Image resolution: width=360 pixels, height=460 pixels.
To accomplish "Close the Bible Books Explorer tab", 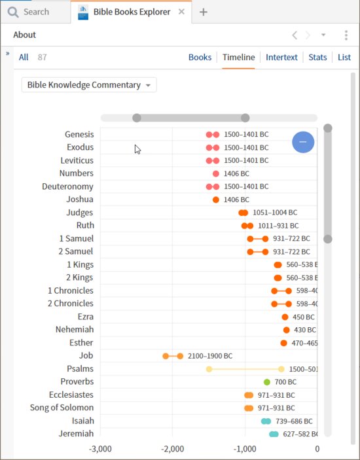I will (x=181, y=12).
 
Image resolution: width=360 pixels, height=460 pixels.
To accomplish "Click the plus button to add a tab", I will (x=204, y=12).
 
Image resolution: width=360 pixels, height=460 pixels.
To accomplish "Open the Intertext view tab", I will (x=281, y=58).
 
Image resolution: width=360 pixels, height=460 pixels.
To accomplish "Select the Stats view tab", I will (x=317, y=58).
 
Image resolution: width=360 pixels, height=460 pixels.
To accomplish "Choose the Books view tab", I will (x=200, y=58).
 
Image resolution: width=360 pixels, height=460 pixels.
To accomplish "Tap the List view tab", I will (x=344, y=58).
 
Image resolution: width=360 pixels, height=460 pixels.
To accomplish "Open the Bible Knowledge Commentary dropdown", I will (x=89, y=85).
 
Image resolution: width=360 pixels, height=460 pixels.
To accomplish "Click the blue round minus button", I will (x=302, y=142).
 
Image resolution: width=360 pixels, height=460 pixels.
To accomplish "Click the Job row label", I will (x=86, y=356).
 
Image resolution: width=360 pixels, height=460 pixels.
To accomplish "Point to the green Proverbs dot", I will (x=267, y=382).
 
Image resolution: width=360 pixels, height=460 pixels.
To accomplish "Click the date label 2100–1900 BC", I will (x=210, y=356).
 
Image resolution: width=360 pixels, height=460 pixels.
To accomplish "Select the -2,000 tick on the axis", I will (x=173, y=449).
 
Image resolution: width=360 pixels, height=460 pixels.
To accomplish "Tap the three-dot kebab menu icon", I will (x=346, y=35).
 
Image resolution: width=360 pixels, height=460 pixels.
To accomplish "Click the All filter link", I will (x=24, y=58).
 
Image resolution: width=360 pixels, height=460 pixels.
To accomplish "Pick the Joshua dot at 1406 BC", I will (x=216, y=200).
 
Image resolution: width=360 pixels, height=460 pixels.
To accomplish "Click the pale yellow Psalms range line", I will (x=245, y=369).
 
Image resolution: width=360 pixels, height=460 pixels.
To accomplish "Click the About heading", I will (x=25, y=35).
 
